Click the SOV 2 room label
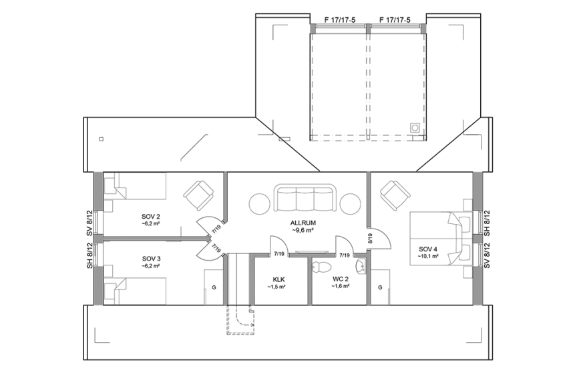point(151,217)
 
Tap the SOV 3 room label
point(151,259)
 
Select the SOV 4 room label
point(427,249)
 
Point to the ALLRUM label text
point(303,223)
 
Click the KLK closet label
point(279,280)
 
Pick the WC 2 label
point(341,280)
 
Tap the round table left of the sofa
point(261,203)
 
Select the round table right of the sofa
point(351,203)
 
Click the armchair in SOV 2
point(198,195)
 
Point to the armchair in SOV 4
point(395,195)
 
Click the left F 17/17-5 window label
point(339,20)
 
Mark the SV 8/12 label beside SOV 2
point(88,223)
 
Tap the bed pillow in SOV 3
point(111,289)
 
